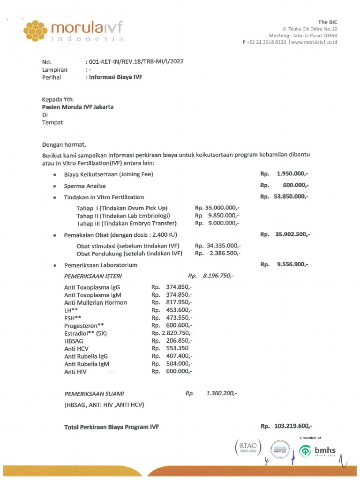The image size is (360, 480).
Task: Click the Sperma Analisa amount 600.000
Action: coord(296,185)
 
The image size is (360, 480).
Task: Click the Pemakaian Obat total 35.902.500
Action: coord(292,234)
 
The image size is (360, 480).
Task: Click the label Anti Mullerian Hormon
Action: coord(95,302)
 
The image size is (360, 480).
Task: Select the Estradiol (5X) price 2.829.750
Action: coord(175,333)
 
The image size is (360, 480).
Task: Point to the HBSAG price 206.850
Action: coord(178,341)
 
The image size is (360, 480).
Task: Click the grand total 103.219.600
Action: coord(292,426)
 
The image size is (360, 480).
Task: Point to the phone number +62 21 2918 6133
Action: coord(266,42)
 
